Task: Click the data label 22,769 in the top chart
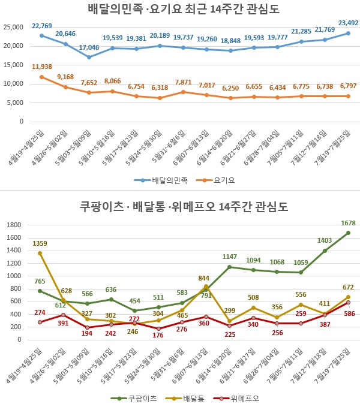click(42, 26)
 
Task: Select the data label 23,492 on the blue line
click(347, 23)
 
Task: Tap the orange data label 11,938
click(42, 67)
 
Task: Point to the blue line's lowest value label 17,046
click(89, 47)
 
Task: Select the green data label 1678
click(347, 223)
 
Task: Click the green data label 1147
click(230, 257)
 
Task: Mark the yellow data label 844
click(204, 278)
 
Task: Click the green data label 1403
click(324, 240)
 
